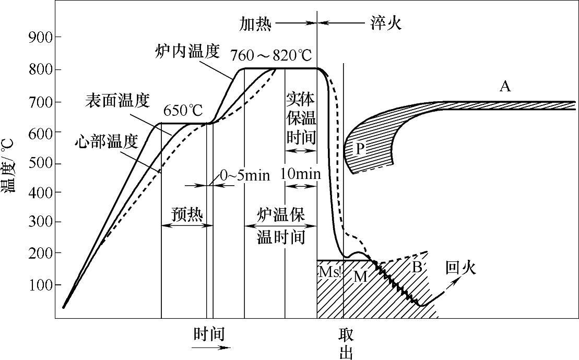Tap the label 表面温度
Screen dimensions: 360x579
(117, 101)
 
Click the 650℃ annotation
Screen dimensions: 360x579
(183, 111)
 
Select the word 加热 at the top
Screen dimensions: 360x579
(255, 23)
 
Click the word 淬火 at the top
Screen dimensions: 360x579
(385, 23)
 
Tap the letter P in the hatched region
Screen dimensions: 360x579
(360, 148)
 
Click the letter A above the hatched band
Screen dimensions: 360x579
(504, 86)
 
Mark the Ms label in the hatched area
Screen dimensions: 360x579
(329, 272)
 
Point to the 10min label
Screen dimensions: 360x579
(300, 174)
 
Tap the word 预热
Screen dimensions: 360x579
(187, 214)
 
